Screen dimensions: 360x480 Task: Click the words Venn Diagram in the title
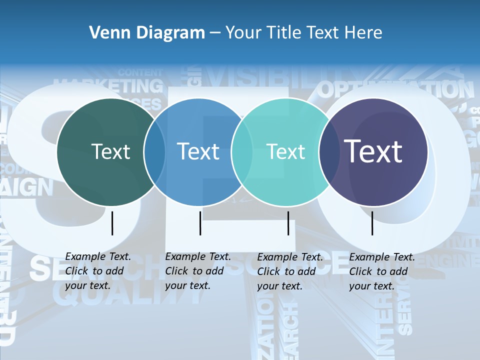click(147, 33)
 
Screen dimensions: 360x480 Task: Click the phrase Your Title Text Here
click(303, 33)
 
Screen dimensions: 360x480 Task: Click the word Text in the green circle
click(111, 151)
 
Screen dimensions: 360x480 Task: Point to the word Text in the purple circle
click(373, 151)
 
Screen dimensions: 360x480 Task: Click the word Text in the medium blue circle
click(198, 151)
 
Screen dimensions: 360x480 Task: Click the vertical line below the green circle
click(112, 223)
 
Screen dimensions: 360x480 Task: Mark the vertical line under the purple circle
click(372, 223)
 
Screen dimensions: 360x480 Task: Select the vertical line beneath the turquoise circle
click(288, 223)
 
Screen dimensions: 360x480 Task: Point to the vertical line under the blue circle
click(200, 223)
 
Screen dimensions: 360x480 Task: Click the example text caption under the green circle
click(98, 271)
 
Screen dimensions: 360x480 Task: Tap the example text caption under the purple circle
click(382, 271)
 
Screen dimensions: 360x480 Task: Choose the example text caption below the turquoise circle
click(290, 271)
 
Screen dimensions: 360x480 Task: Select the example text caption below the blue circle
click(198, 271)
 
